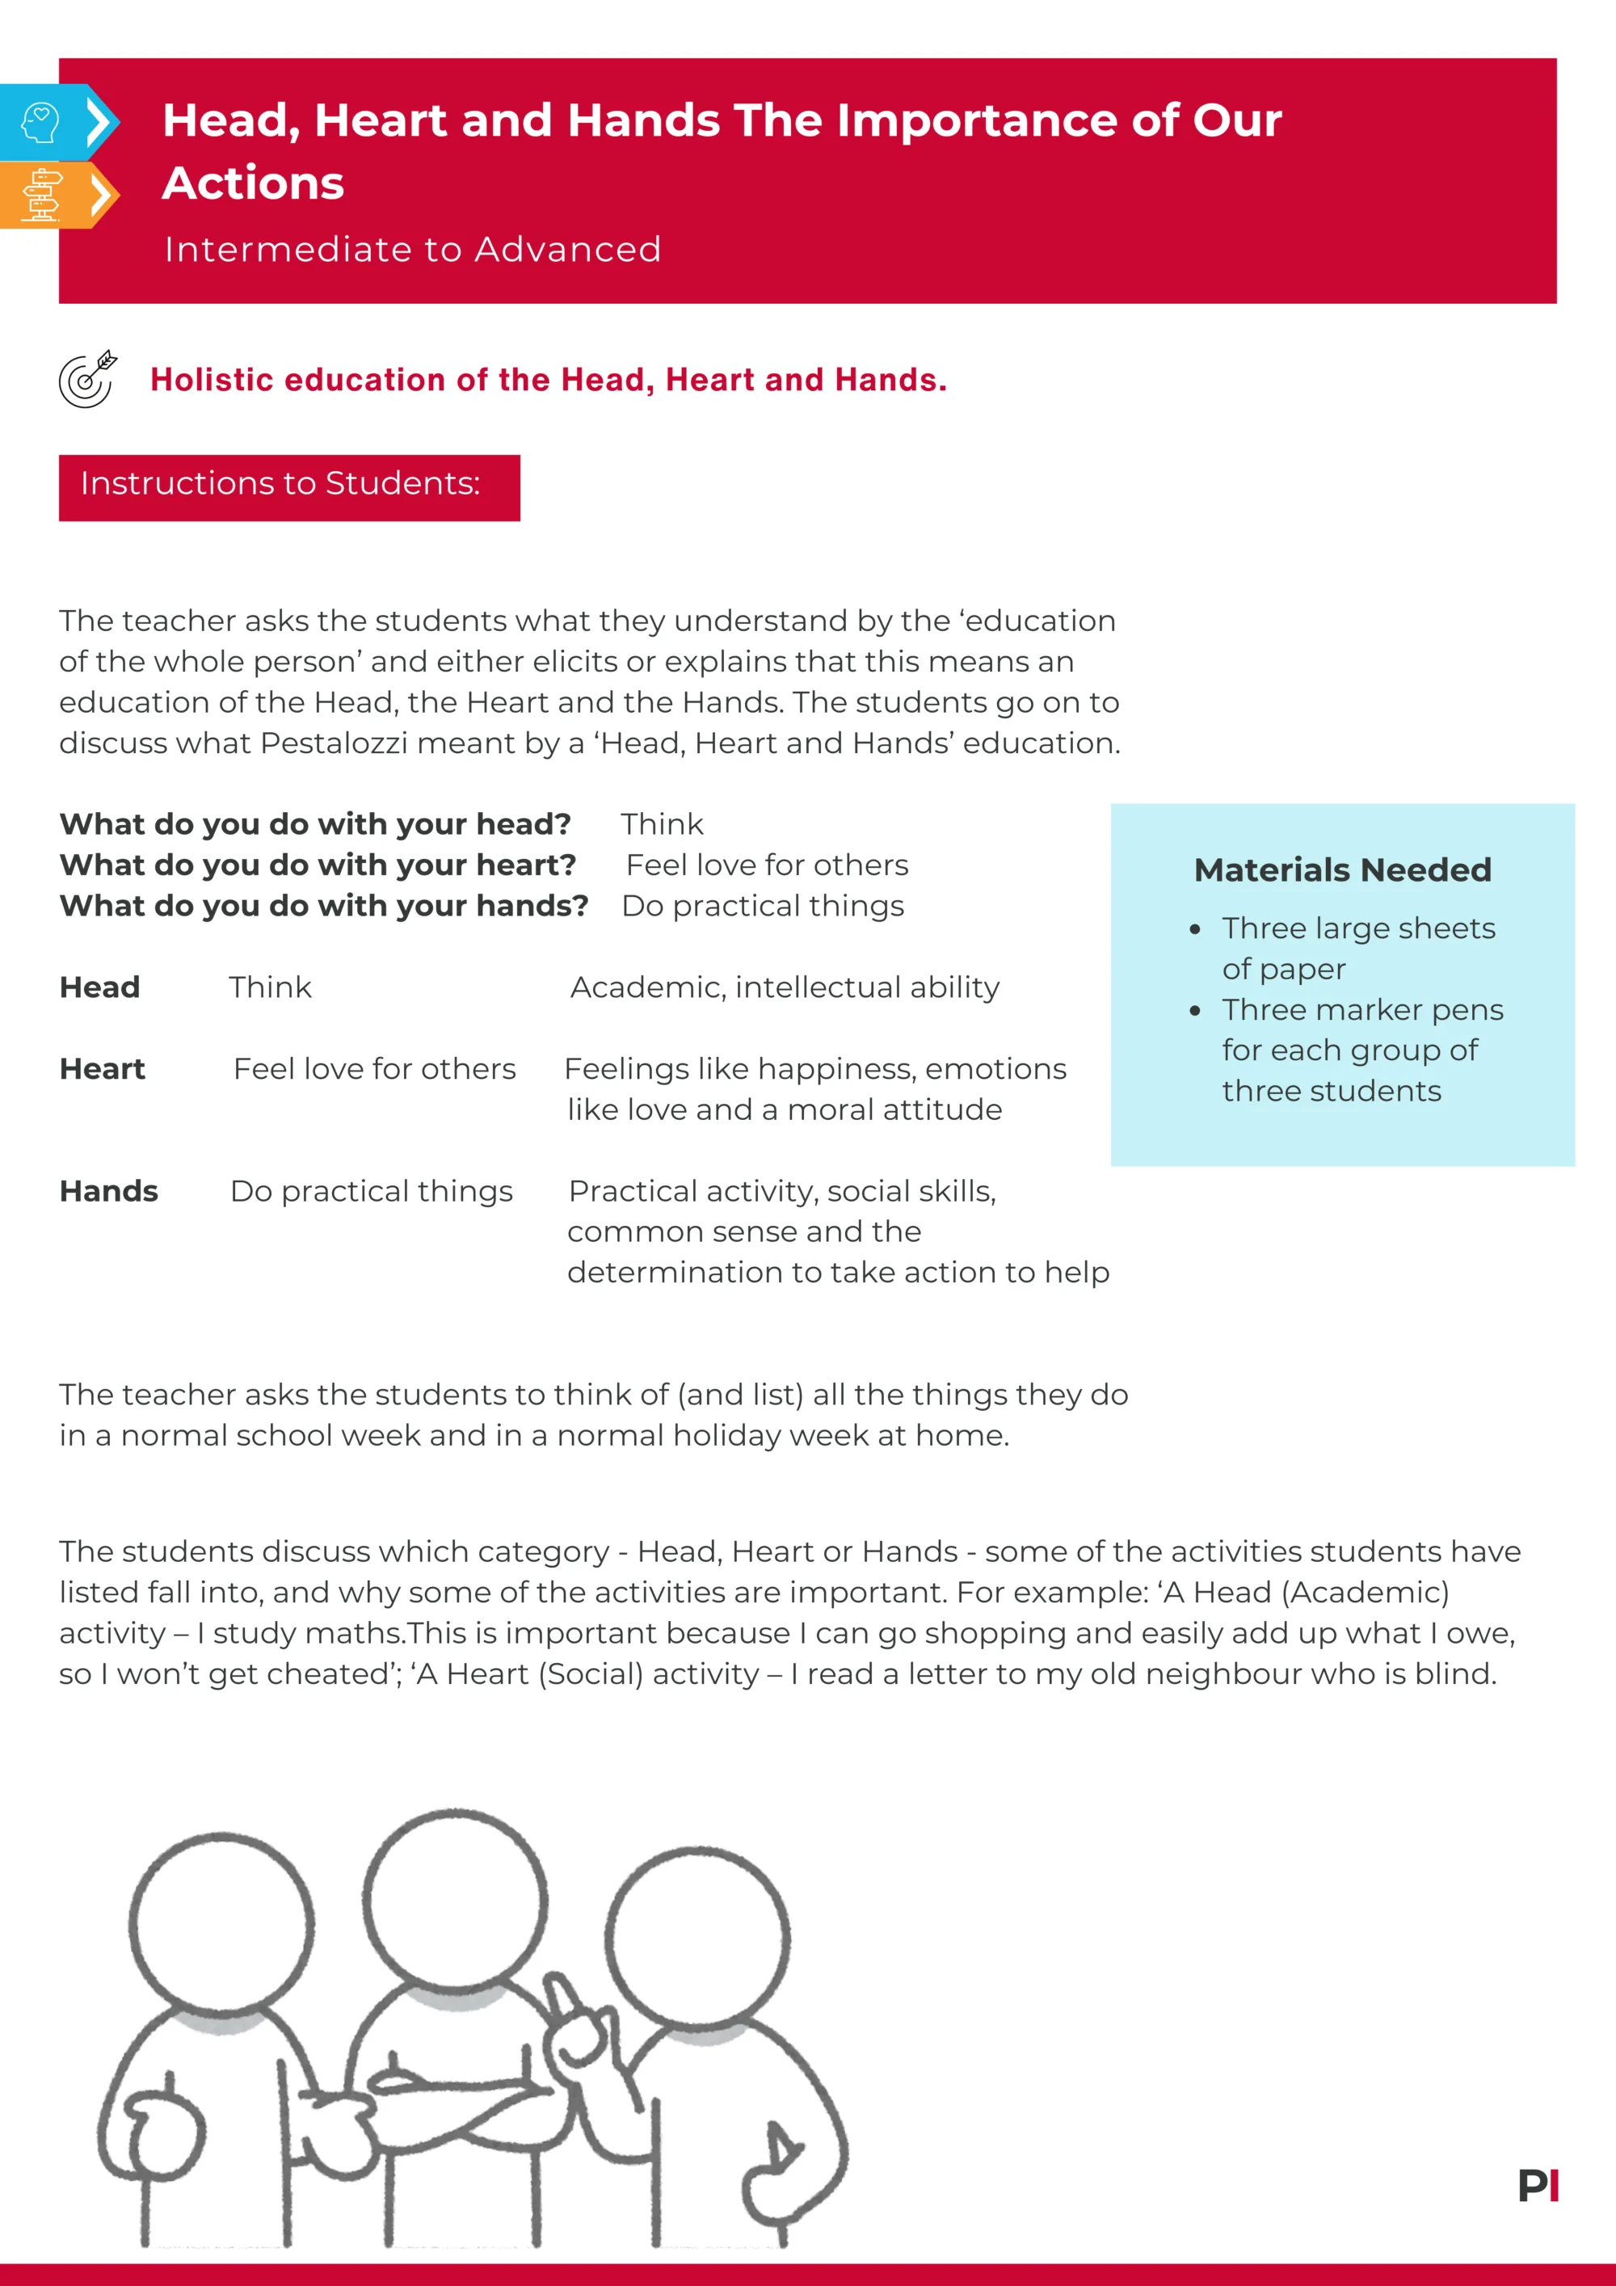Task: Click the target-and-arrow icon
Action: pos(87,379)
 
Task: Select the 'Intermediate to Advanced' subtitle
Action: pos(412,249)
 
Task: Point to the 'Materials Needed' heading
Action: pos(1342,869)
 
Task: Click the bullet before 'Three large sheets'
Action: pos(1195,930)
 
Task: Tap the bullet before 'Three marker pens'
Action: pos(1195,1012)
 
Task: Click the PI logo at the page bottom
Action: pos(1538,2186)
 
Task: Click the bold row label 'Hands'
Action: pos(108,1191)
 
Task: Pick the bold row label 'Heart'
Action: pos(103,1068)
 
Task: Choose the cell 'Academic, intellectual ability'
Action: pos(785,987)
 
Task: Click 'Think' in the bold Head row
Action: pos(270,987)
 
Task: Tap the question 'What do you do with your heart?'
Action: pos(318,865)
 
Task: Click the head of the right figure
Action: pos(697,1937)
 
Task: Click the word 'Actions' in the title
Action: pos(253,183)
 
